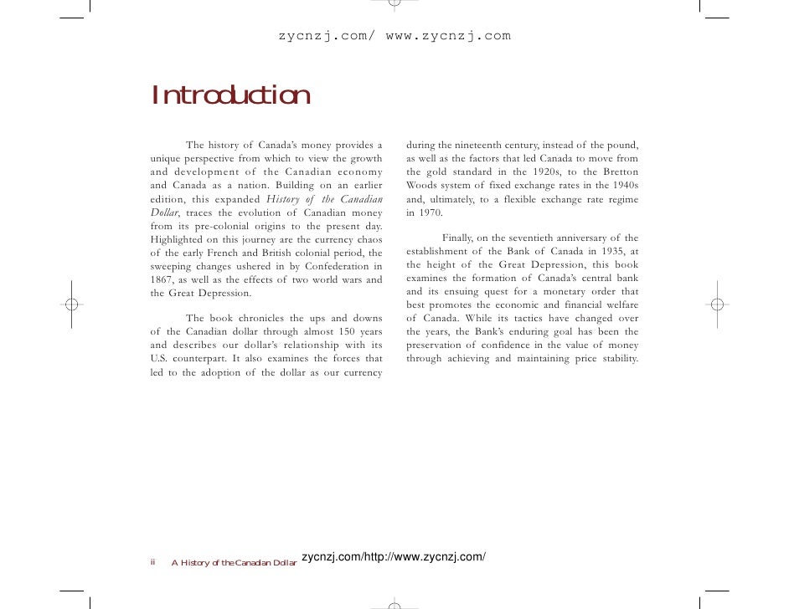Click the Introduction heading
pos(231,96)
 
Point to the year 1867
pos(162,279)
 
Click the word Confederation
pos(331,266)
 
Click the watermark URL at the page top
pos(394,36)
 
